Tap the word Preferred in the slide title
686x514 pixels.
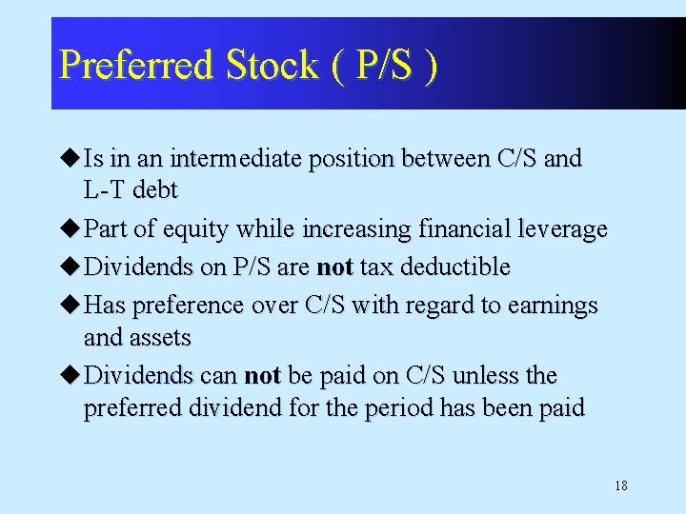tap(136, 66)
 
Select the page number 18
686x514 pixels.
tap(620, 486)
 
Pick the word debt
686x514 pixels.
tap(155, 190)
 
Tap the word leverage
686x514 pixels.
tap(559, 229)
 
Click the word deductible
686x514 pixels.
tap(455, 267)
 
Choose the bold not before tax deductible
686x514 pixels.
tap(335, 267)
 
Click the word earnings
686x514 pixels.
tap(555, 306)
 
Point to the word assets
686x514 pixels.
tap(165, 338)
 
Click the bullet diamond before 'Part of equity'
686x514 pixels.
tap(72, 229)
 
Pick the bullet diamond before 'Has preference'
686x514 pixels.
tap(72, 306)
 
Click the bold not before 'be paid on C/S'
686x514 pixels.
tap(262, 376)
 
